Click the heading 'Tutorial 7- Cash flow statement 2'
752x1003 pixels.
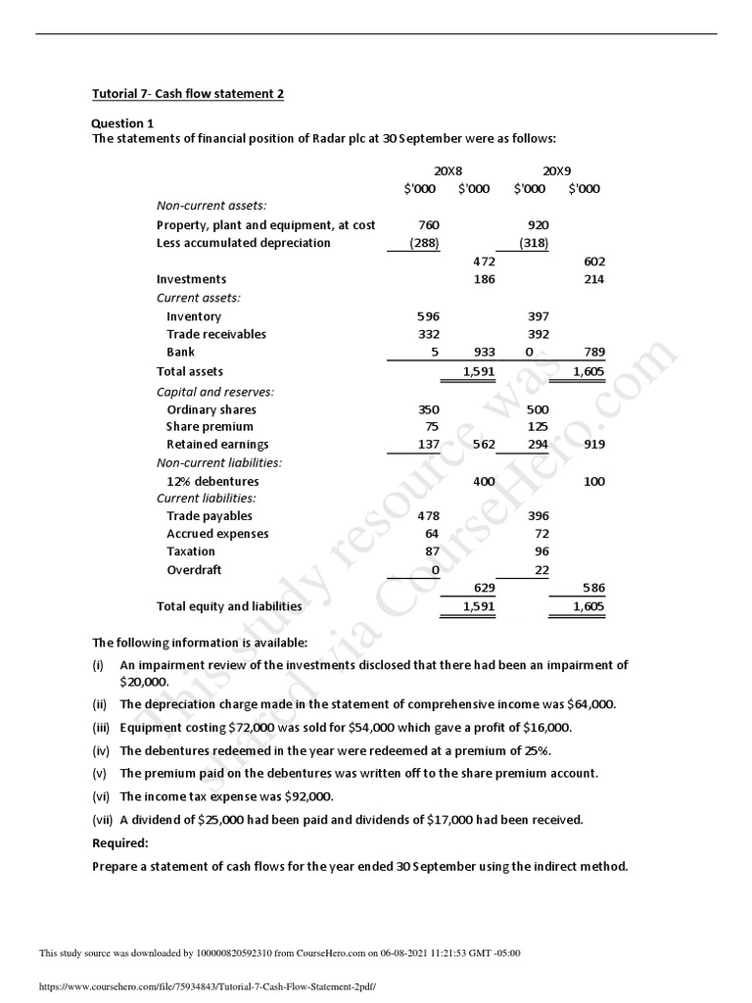pos(187,94)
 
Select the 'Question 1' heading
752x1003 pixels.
pos(122,123)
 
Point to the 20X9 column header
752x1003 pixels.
pos(556,170)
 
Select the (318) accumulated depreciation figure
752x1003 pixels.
pos(535,243)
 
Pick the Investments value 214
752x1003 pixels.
pos(593,279)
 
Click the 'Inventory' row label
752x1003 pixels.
pos(194,316)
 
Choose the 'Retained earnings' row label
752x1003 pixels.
pos(216,445)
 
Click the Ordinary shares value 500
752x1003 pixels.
pos(538,409)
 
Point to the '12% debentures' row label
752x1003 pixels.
pos(212,482)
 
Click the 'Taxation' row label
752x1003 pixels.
pos(192,551)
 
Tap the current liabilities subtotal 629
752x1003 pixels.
pos(483,588)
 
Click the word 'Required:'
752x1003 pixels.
pos(120,842)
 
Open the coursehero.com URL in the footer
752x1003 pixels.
pos(207,988)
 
